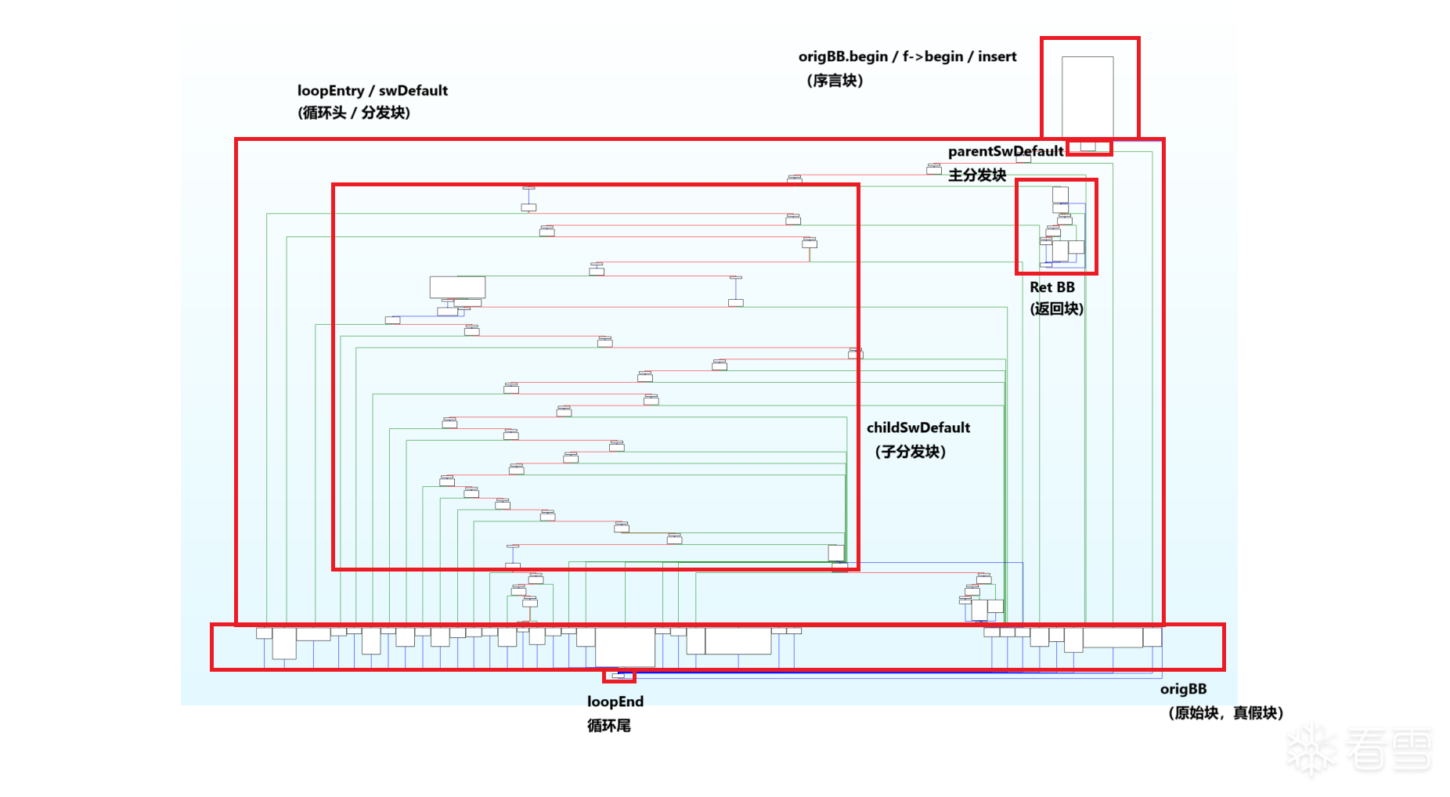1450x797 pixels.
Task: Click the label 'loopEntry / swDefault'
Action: coord(372,91)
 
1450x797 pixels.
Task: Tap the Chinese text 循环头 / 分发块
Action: coord(354,113)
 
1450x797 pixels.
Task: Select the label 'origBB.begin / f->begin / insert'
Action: coord(907,56)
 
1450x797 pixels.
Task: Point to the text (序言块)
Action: coord(835,81)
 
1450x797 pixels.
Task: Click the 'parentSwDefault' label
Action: coord(1005,151)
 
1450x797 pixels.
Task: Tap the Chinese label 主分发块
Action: coord(976,175)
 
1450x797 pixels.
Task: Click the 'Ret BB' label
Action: coord(1051,287)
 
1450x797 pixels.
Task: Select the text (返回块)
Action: coord(1056,308)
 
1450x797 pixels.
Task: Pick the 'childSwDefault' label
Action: coord(918,427)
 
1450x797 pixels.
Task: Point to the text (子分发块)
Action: coord(910,452)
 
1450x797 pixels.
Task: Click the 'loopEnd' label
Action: coord(615,701)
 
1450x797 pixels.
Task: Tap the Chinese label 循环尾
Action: coord(608,726)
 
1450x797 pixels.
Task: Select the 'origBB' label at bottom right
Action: coord(1182,689)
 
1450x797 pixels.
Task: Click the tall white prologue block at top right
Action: coord(1087,96)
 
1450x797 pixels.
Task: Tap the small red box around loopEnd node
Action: coord(619,676)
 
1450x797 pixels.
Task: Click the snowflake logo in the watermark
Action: coord(1313,750)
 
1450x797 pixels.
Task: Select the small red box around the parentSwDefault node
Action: coord(1089,147)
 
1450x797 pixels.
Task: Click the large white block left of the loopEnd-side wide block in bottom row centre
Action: coord(625,647)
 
